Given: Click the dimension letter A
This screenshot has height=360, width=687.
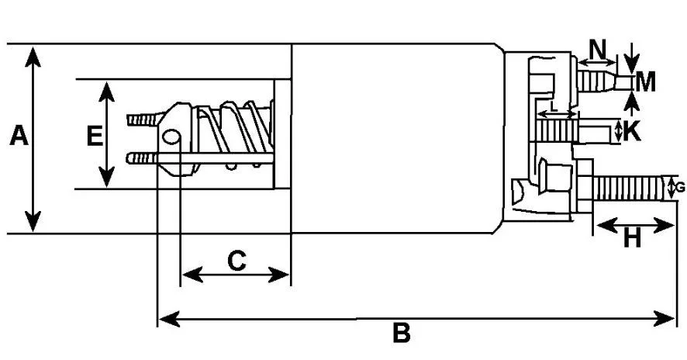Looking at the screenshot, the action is [19, 136].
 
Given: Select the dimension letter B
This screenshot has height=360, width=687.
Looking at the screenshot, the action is [402, 334].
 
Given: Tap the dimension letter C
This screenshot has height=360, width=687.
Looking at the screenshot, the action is [237, 261].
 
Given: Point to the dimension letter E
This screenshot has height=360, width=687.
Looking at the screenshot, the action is [95, 136].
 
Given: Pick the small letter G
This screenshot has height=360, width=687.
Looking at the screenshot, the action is [680, 188].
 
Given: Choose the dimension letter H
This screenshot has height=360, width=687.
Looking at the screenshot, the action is [632, 240].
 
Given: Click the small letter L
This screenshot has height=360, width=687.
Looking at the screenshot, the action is [554, 106].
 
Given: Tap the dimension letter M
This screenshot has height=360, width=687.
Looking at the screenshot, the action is [646, 82].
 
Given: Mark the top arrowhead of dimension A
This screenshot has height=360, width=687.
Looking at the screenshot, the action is [33, 57].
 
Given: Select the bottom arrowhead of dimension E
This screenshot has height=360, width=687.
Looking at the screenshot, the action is [106, 177].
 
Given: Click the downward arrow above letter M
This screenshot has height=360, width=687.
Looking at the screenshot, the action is [631, 58].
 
